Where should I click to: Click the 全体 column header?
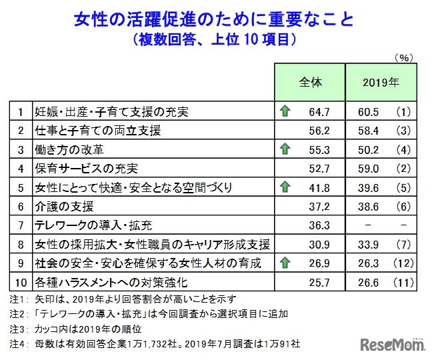pyautogui.click(x=309, y=83)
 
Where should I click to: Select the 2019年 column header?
pyautogui.click(x=381, y=83)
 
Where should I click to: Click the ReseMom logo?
pyautogui.click(x=393, y=344)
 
